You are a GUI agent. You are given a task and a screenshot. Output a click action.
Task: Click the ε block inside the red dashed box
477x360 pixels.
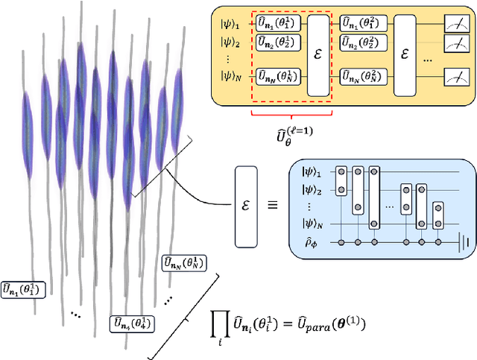click(x=318, y=49)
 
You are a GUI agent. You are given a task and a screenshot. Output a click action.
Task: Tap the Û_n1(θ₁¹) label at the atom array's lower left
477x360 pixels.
click(x=25, y=288)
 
